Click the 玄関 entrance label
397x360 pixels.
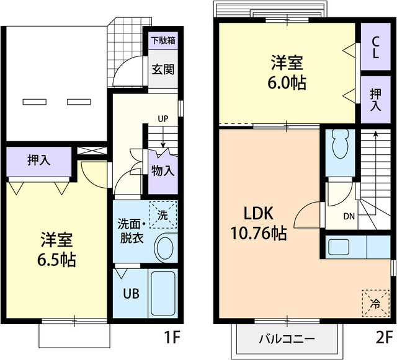coord(163,68)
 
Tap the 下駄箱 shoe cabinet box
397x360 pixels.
coord(163,42)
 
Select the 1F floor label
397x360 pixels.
coord(172,338)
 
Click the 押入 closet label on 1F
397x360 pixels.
coord(39,160)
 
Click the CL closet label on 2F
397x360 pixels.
coord(376,47)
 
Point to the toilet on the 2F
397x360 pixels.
coord(339,145)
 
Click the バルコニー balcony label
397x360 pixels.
coord(287,339)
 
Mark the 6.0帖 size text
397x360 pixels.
coord(287,82)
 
